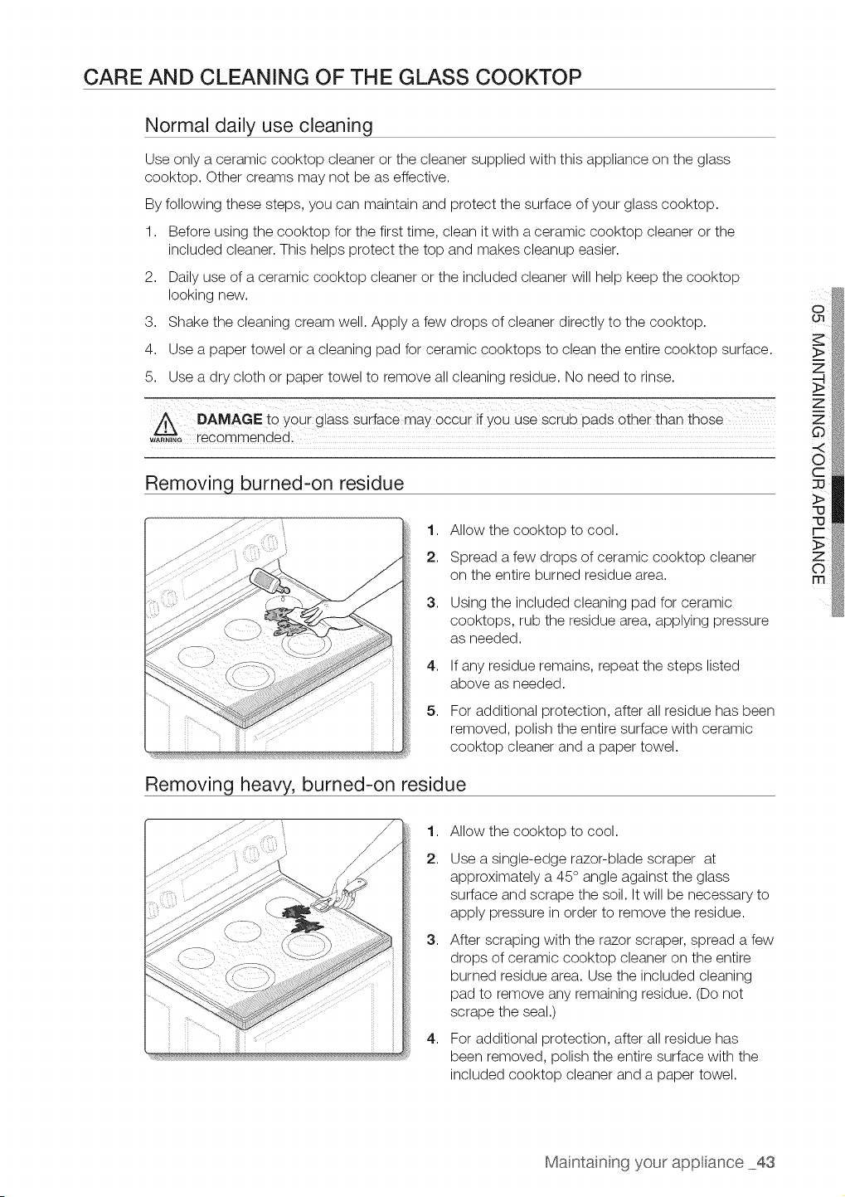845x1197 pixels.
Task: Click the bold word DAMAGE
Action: point(230,420)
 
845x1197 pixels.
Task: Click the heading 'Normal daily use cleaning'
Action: point(259,125)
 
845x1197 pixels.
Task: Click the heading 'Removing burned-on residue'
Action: point(274,483)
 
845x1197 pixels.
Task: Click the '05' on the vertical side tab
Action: point(818,314)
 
